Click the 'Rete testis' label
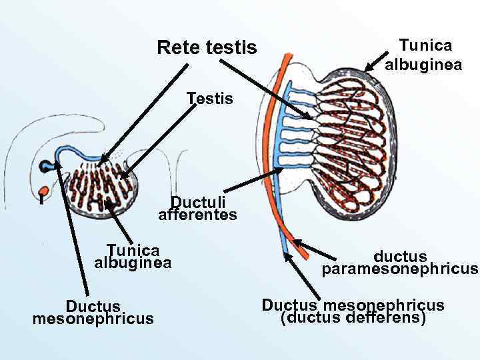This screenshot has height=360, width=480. tap(207, 48)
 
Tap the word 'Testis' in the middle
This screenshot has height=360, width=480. tap(210, 99)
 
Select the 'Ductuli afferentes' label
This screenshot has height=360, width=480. tap(197, 208)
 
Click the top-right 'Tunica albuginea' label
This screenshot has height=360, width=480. tap(424, 55)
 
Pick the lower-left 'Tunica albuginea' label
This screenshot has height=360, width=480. tap(133, 257)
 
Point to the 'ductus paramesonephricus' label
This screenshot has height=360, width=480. tap(400, 263)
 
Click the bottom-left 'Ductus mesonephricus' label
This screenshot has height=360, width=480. tap(93, 312)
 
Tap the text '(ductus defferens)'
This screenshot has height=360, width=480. tap(353, 318)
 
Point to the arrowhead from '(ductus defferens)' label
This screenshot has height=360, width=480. tap(287, 254)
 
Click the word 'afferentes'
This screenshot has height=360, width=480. tap(197, 215)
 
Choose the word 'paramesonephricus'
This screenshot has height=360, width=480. tap(400, 269)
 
